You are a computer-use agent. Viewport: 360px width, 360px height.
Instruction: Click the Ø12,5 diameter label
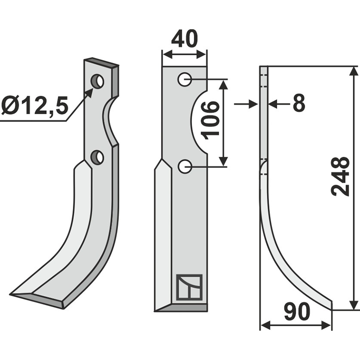[34, 106]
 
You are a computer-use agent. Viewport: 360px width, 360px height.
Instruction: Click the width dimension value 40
[184, 39]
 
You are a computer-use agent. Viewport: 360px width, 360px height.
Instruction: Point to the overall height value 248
[341, 176]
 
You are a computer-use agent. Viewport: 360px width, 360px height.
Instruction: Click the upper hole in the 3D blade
[97, 81]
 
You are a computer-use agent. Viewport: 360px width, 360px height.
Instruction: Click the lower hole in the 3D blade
[97, 157]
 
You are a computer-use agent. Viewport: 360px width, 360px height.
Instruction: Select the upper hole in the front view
[184, 80]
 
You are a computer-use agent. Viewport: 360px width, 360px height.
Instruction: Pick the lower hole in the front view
[184, 166]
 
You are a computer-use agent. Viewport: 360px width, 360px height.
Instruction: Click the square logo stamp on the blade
[189, 287]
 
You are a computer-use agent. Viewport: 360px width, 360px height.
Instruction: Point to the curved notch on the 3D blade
[110, 121]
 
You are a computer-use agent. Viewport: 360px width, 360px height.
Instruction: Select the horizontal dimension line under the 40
[184, 54]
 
